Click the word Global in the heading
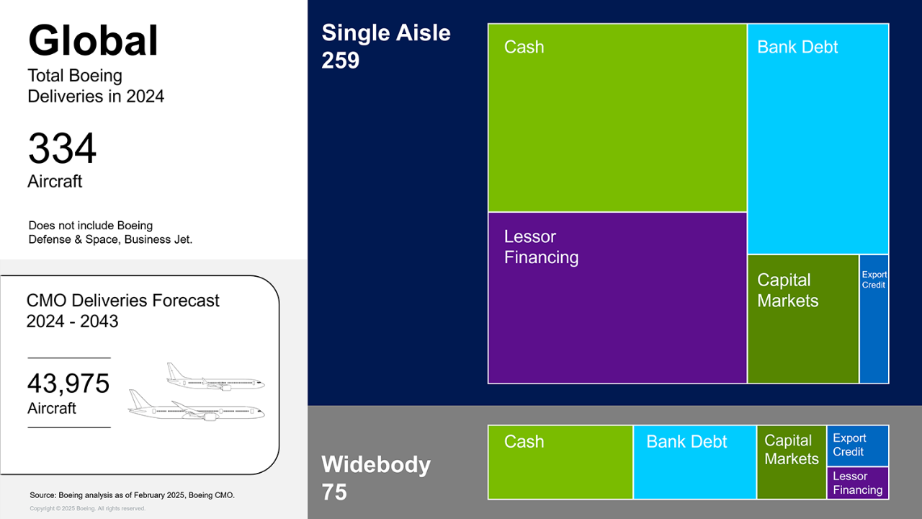coord(94,40)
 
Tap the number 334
coord(62,148)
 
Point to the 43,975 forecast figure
coord(68,383)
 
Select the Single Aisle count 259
coord(341,60)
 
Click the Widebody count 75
coord(334,492)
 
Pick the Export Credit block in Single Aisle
coord(874,319)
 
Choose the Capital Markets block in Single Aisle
coord(803,319)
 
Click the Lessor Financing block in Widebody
coord(858,483)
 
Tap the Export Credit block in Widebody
coord(858,445)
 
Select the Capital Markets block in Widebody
coord(792,462)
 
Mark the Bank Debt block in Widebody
coord(695,462)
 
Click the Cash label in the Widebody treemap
coord(524,442)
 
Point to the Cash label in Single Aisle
coord(524,47)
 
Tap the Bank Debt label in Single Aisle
coord(797,47)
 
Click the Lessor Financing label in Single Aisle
coord(541,247)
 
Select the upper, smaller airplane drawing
coord(215,376)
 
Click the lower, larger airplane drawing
coord(197,405)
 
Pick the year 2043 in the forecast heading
coord(99,321)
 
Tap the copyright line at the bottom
coord(87,508)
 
